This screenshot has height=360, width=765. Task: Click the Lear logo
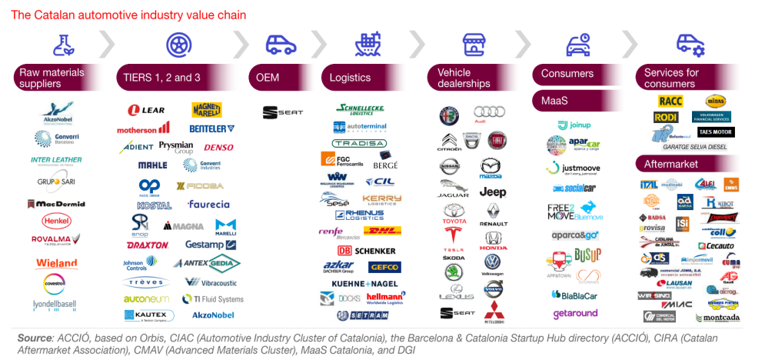[148, 111]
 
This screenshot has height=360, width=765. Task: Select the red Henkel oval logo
[57, 221]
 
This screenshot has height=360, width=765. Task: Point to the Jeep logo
[492, 192]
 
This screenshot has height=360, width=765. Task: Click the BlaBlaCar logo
[571, 295]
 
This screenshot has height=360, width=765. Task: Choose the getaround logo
[576, 314]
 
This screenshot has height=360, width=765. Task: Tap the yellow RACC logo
[670, 101]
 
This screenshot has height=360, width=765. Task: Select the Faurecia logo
[208, 205]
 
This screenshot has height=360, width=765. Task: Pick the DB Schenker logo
[367, 251]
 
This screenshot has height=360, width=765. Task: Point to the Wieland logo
[57, 264]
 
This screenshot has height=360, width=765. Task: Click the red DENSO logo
[218, 148]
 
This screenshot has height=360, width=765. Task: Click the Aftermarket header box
[687, 165]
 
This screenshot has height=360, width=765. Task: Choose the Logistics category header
[366, 78]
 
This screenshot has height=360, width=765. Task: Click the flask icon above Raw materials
[64, 45]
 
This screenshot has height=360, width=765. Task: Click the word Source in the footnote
[36, 338]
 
